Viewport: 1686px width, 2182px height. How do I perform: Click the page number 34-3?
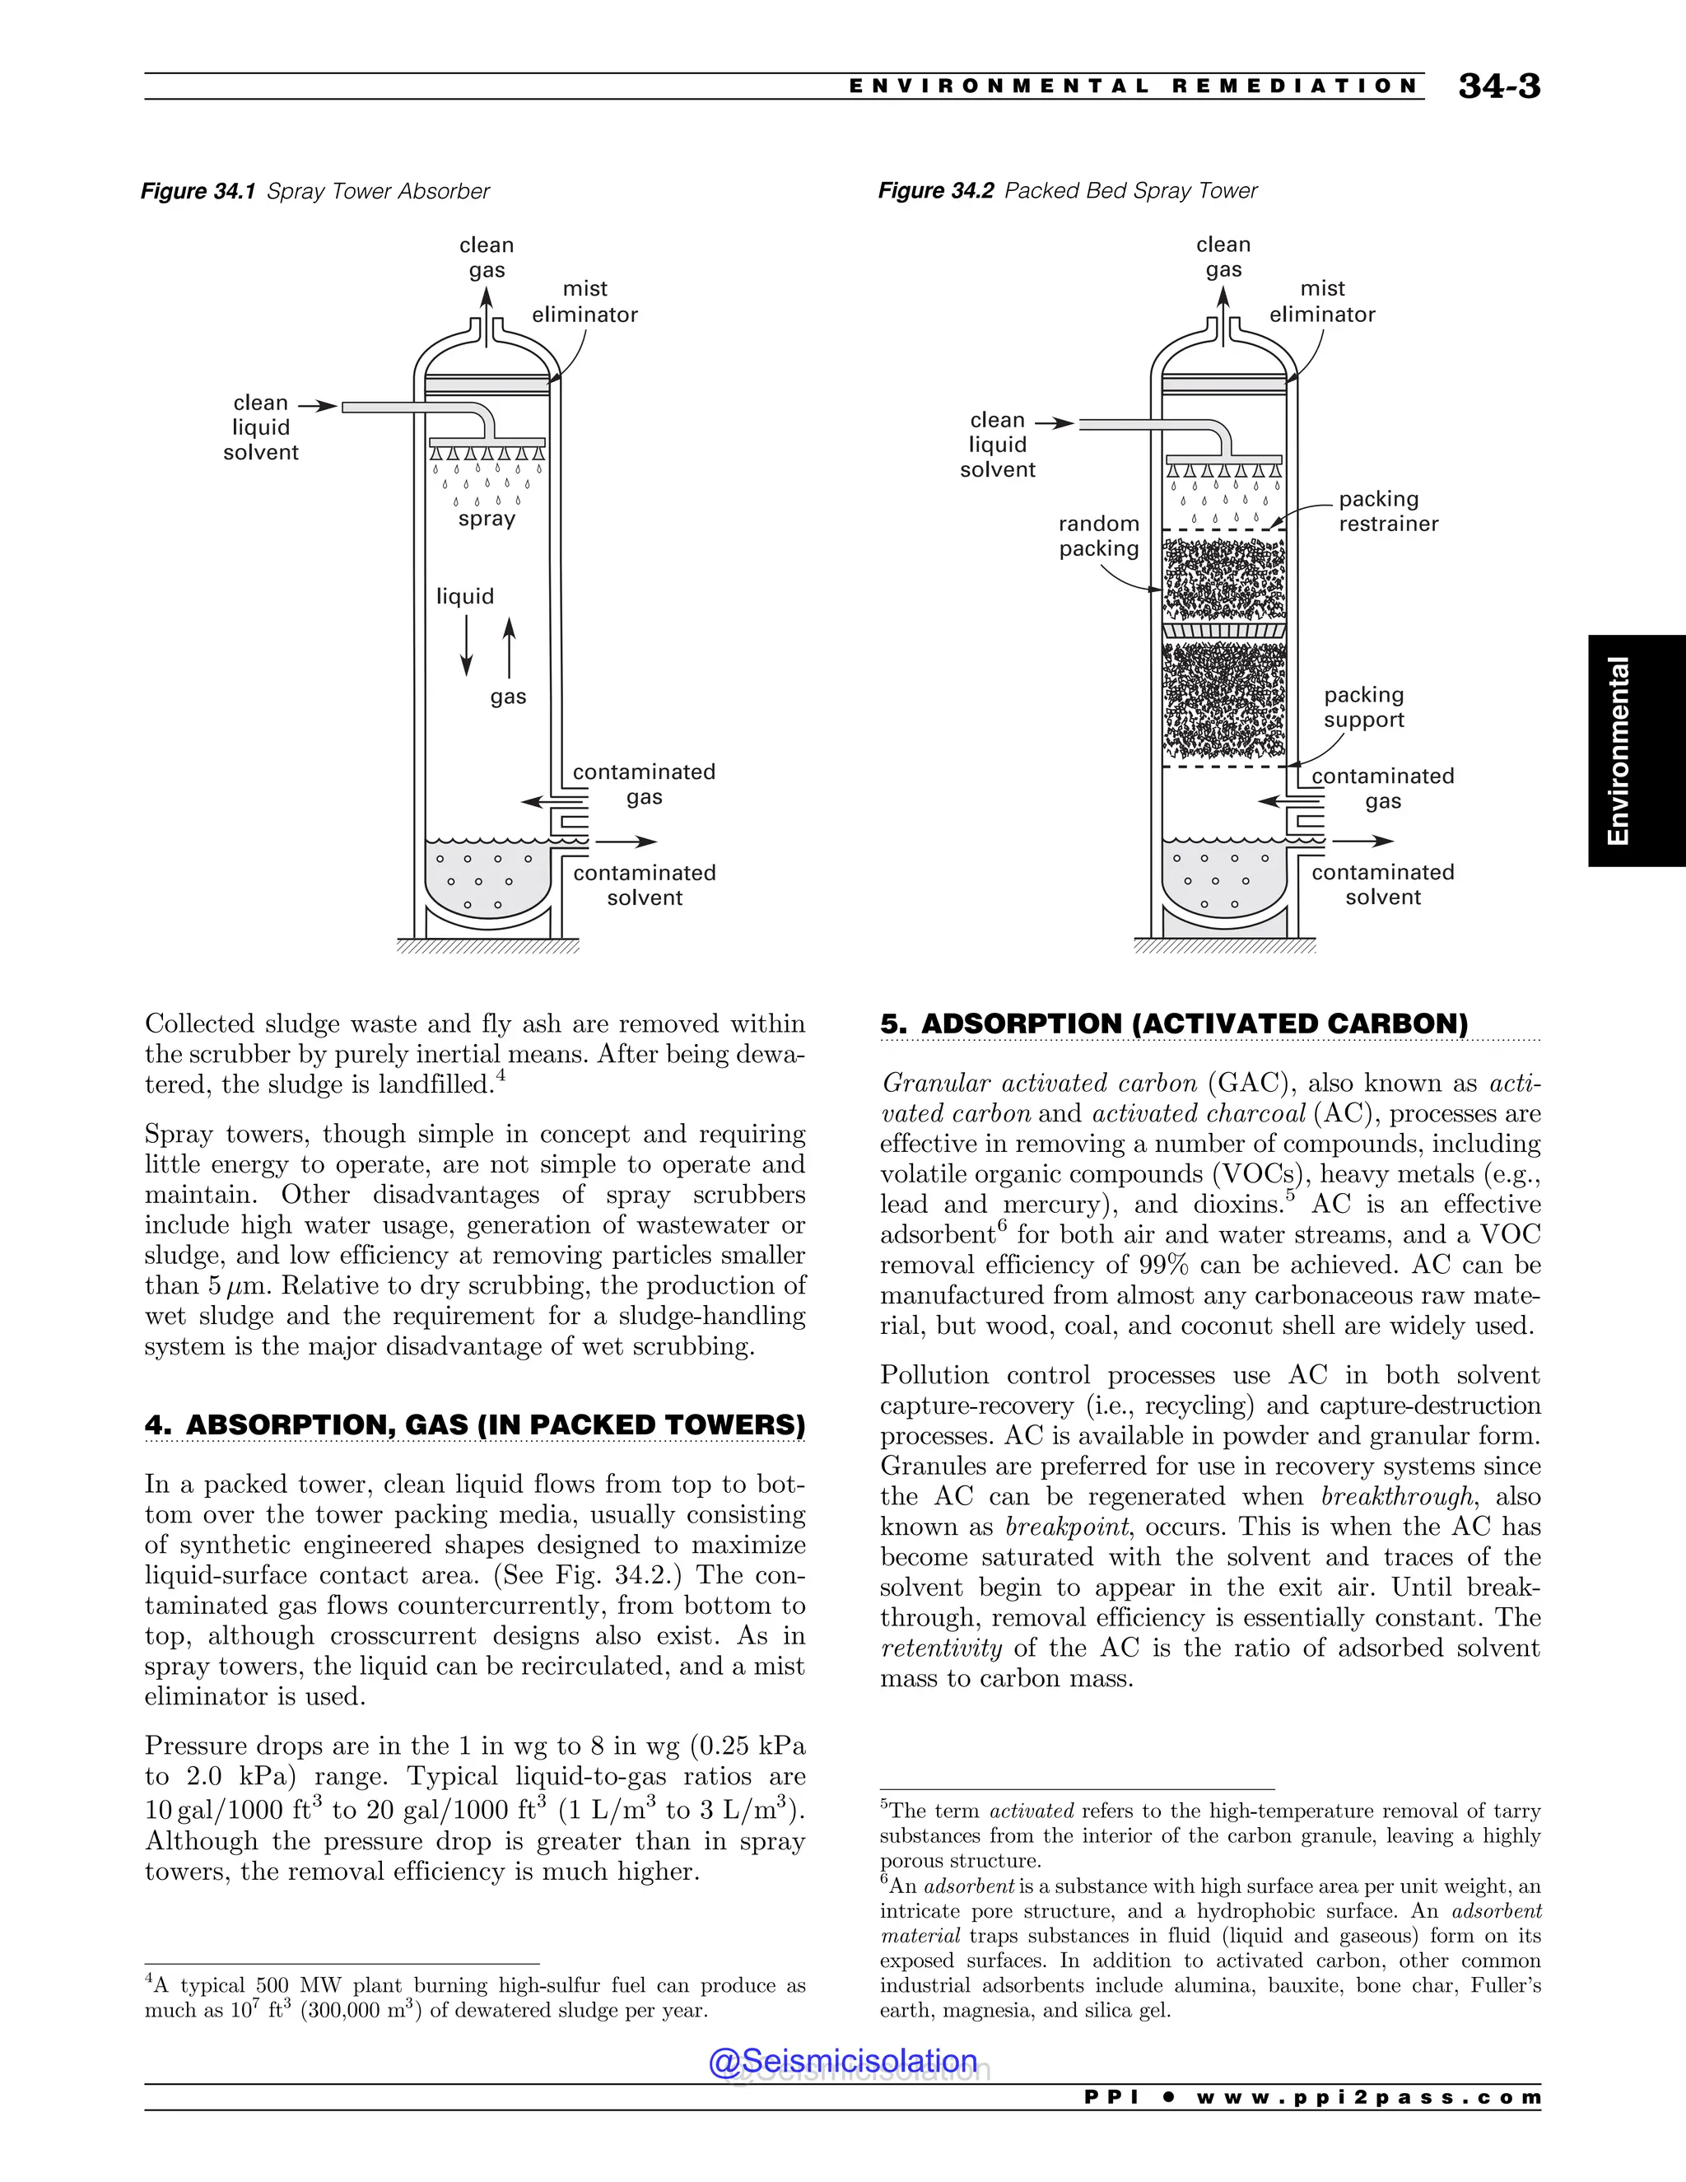1498,86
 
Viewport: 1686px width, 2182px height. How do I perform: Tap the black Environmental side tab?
1636,750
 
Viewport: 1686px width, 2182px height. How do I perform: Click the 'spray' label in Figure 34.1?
487,519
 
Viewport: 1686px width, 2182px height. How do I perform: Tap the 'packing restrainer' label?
1387,511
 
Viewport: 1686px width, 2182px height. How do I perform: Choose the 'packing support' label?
1363,706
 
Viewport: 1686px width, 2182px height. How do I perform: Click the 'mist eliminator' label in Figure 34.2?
1321,301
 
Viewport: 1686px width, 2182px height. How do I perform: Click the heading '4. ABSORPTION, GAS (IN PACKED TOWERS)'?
474,1424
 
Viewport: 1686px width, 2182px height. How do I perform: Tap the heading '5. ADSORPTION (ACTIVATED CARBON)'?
1174,1024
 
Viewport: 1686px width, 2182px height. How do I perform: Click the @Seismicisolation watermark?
843,2060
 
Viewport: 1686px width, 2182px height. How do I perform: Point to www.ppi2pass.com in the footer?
1367,2097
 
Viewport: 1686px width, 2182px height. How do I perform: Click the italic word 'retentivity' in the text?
941,1648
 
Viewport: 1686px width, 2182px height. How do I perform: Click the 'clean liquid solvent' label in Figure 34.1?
261,427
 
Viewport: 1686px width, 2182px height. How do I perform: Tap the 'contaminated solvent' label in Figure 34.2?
1382,884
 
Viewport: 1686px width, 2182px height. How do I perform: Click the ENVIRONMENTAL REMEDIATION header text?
1134,86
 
